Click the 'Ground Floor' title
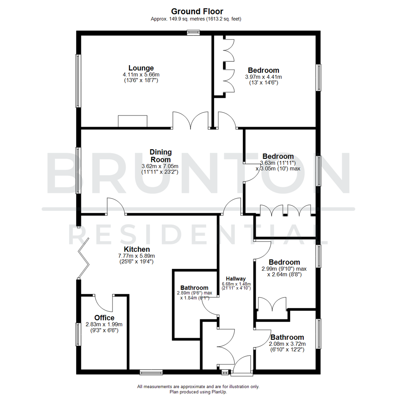[198, 12]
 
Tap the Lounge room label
[141, 68]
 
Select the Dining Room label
[160, 156]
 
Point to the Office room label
[104, 318]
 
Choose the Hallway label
[236, 278]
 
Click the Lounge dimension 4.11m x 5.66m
[141, 75]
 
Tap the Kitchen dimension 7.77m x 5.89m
[136, 256]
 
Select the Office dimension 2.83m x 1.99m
[104, 325]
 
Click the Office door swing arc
[104, 303]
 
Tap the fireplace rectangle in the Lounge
[132, 121]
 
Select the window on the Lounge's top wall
[193, 33]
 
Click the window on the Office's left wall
[78, 334]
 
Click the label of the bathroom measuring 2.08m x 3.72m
[287, 337]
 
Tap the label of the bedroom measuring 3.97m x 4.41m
[263, 70]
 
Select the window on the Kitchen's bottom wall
[151, 372]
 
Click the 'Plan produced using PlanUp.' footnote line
[198, 392]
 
